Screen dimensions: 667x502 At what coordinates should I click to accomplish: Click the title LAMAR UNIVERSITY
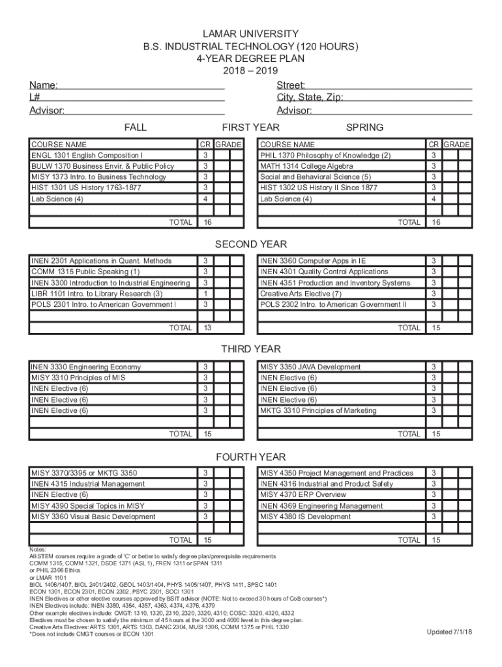pyautogui.click(x=250, y=34)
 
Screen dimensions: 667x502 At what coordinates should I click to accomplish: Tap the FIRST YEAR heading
pyautogui.click(x=250, y=127)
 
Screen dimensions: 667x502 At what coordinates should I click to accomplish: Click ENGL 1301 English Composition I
pyautogui.click(x=87, y=156)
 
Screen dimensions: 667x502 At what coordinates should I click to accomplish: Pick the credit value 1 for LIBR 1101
pyautogui.click(x=205, y=294)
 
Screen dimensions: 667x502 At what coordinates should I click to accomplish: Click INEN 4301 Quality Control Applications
pyautogui.click(x=323, y=272)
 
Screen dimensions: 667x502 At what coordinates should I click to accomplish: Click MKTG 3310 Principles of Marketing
pyautogui.click(x=317, y=410)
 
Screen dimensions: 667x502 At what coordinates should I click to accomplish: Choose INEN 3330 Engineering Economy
pyautogui.click(x=85, y=367)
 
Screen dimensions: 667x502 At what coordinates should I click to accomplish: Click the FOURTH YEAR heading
pyautogui.click(x=250, y=457)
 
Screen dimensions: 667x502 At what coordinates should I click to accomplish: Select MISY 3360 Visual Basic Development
pyautogui.click(x=93, y=517)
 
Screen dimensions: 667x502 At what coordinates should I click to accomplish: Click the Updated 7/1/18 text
pyautogui.click(x=450, y=632)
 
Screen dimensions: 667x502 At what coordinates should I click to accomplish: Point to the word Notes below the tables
pyautogui.click(x=38, y=549)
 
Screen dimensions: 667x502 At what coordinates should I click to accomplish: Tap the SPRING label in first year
pyautogui.click(x=364, y=127)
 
